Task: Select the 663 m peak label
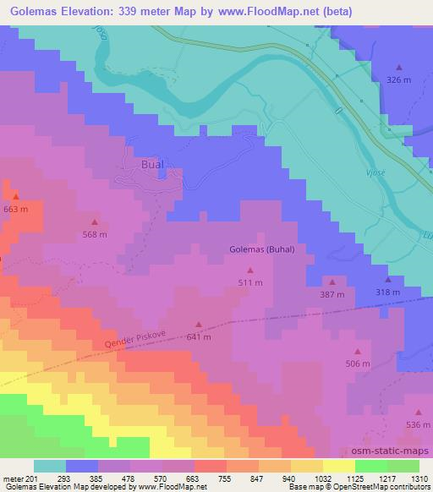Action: [15, 209]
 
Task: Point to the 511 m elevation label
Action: [249, 282]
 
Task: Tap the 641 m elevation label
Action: [198, 336]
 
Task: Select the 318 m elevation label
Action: [388, 292]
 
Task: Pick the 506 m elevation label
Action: [358, 364]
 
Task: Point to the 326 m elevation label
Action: [398, 79]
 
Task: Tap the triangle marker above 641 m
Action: [198, 324]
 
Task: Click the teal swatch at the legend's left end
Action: [49, 466]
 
